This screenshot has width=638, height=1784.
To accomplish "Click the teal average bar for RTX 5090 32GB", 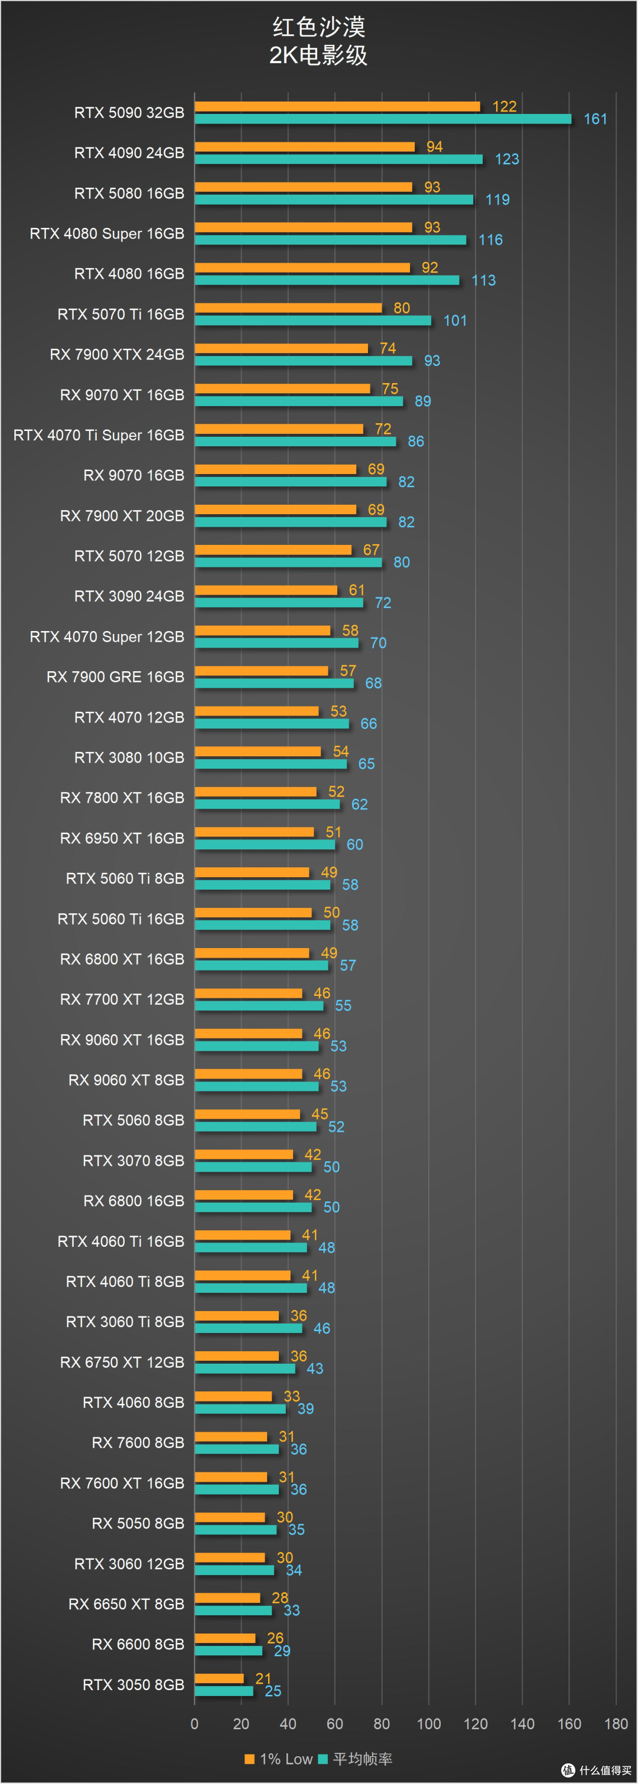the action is [383, 119].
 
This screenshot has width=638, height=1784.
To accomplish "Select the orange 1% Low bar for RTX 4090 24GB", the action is [305, 147].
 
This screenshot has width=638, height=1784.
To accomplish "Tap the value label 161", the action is [595, 119].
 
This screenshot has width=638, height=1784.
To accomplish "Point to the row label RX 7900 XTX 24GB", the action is [117, 355].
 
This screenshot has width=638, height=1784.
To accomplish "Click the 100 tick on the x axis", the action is [429, 1724].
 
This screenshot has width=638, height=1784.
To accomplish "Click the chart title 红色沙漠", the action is [318, 27].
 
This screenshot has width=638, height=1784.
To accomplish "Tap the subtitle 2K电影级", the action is [318, 55].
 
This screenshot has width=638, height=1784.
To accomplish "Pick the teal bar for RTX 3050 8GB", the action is [224, 1691].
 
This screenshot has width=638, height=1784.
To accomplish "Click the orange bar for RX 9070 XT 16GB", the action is [282, 388].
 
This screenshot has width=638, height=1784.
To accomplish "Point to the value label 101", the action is [455, 321].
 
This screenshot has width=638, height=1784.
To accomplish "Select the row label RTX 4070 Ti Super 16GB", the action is [99, 435].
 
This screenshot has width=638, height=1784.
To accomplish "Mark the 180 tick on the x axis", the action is [616, 1724].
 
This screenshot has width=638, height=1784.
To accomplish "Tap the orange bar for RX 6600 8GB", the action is [225, 1638].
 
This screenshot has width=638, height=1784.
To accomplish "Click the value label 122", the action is [504, 106].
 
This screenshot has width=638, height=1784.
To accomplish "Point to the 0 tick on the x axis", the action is [195, 1724].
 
